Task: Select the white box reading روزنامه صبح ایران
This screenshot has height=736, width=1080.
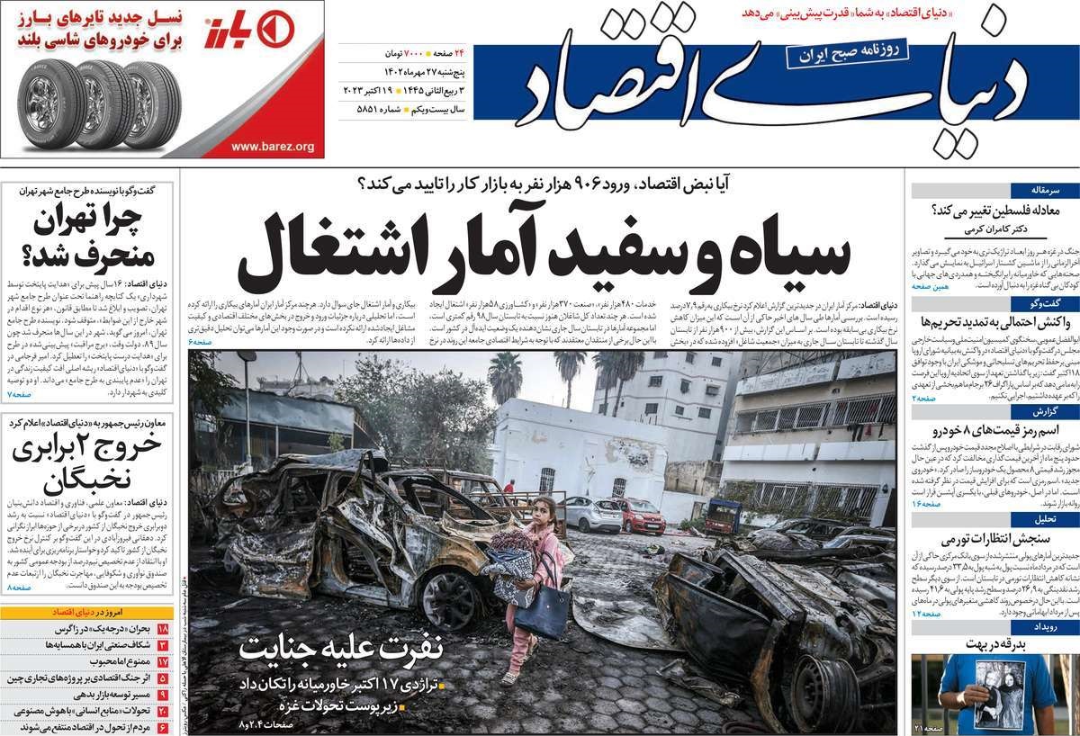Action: coord(834,55)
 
